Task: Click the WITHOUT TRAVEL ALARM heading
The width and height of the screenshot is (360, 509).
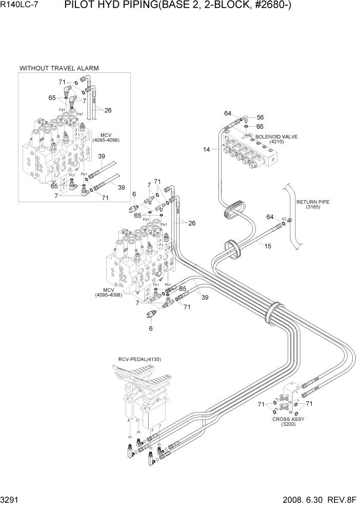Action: coord(59,68)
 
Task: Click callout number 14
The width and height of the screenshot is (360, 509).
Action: coord(207,149)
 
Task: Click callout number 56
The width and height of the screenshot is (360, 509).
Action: coord(260,118)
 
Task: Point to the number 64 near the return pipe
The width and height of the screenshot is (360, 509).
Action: coord(270,218)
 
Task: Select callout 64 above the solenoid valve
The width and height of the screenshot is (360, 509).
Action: coord(228,113)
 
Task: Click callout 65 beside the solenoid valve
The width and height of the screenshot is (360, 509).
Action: coord(260,126)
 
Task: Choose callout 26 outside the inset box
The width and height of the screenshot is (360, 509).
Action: coord(192,223)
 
